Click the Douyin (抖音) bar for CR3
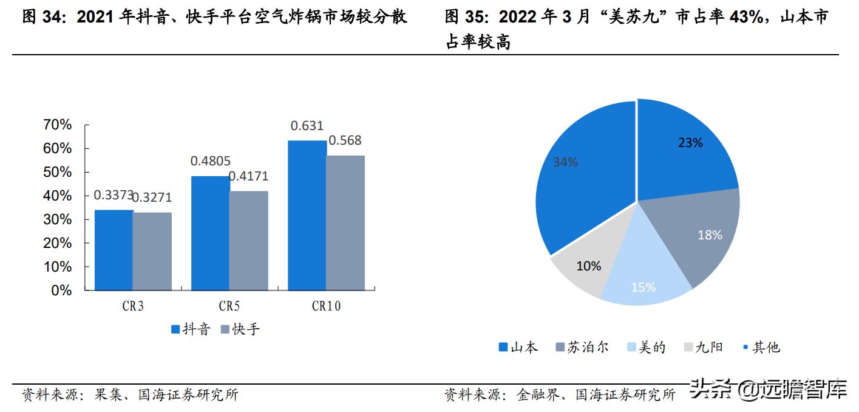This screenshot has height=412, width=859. (114, 250)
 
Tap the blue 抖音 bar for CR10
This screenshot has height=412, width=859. (307, 215)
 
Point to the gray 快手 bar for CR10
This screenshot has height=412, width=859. (345, 223)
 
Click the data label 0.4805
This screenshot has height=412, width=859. (210, 162)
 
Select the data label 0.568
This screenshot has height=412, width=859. (345, 141)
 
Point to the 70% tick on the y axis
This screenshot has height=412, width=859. (58, 125)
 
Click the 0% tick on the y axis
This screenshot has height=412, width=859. (61, 290)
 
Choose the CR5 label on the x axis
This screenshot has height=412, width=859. (229, 306)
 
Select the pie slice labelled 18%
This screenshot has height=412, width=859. (698, 237)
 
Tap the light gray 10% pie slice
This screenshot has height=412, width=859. (586, 270)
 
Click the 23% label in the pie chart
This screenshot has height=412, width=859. (690, 143)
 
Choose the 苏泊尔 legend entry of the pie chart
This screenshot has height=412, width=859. (581, 348)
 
